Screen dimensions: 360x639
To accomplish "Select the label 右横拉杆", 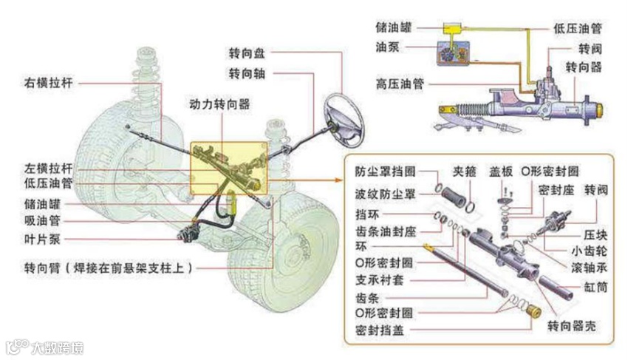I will [49, 83].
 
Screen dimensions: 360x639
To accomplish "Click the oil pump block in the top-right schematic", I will [451, 55].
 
